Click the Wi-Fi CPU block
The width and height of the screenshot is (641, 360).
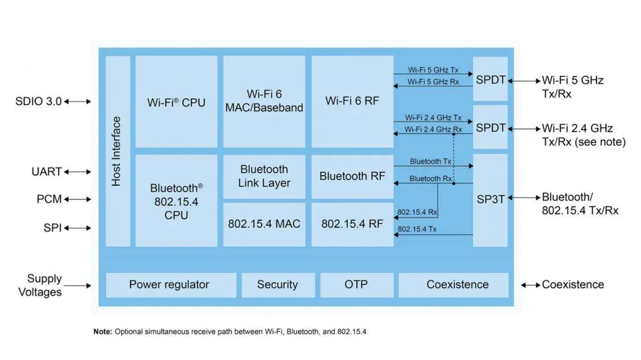pyautogui.click(x=176, y=102)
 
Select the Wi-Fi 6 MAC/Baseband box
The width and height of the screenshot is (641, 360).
pyautogui.click(x=264, y=101)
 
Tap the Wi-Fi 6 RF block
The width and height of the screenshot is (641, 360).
pyautogui.click(x=352, y=101)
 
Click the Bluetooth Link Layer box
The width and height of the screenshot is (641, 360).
pyautogui.click(x=264, y=176)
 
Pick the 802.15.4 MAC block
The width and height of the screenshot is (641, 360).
pyautogui.click(x=264, y=224)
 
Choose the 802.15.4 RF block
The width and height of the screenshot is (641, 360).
pyautogui.click(x=352, y=224)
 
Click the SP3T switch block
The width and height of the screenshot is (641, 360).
pyautogui.click(x=490, y=200)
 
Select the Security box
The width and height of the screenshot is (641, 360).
pyautogui.click(x=277, y=285)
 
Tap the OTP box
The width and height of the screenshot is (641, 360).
pyautogui.click(x=356, y=285)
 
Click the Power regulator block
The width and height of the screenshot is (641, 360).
pyautogui.click(x=169, y=285)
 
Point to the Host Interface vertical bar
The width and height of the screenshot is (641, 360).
pyautogui.click(x=117, y=151)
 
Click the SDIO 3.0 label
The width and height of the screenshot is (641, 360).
pyautogui.click(x=39, y=101)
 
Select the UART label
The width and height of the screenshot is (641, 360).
pyautogui.click(x=47, y=172)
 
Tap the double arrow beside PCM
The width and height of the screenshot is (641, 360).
pyautogui.click(x=78, y=199)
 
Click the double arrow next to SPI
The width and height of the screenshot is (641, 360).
pyautogui.click(x=78, y=228)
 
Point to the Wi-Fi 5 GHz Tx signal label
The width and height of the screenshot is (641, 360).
pyautogui.click(x=433, y=70)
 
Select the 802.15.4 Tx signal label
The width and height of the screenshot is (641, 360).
pyautogui.click(x=417, y=229)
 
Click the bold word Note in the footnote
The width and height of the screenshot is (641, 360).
pyautogui.click(x=102, y=332)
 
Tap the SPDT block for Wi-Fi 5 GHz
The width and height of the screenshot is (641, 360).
pyautogui.click(x=490, y=79)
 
